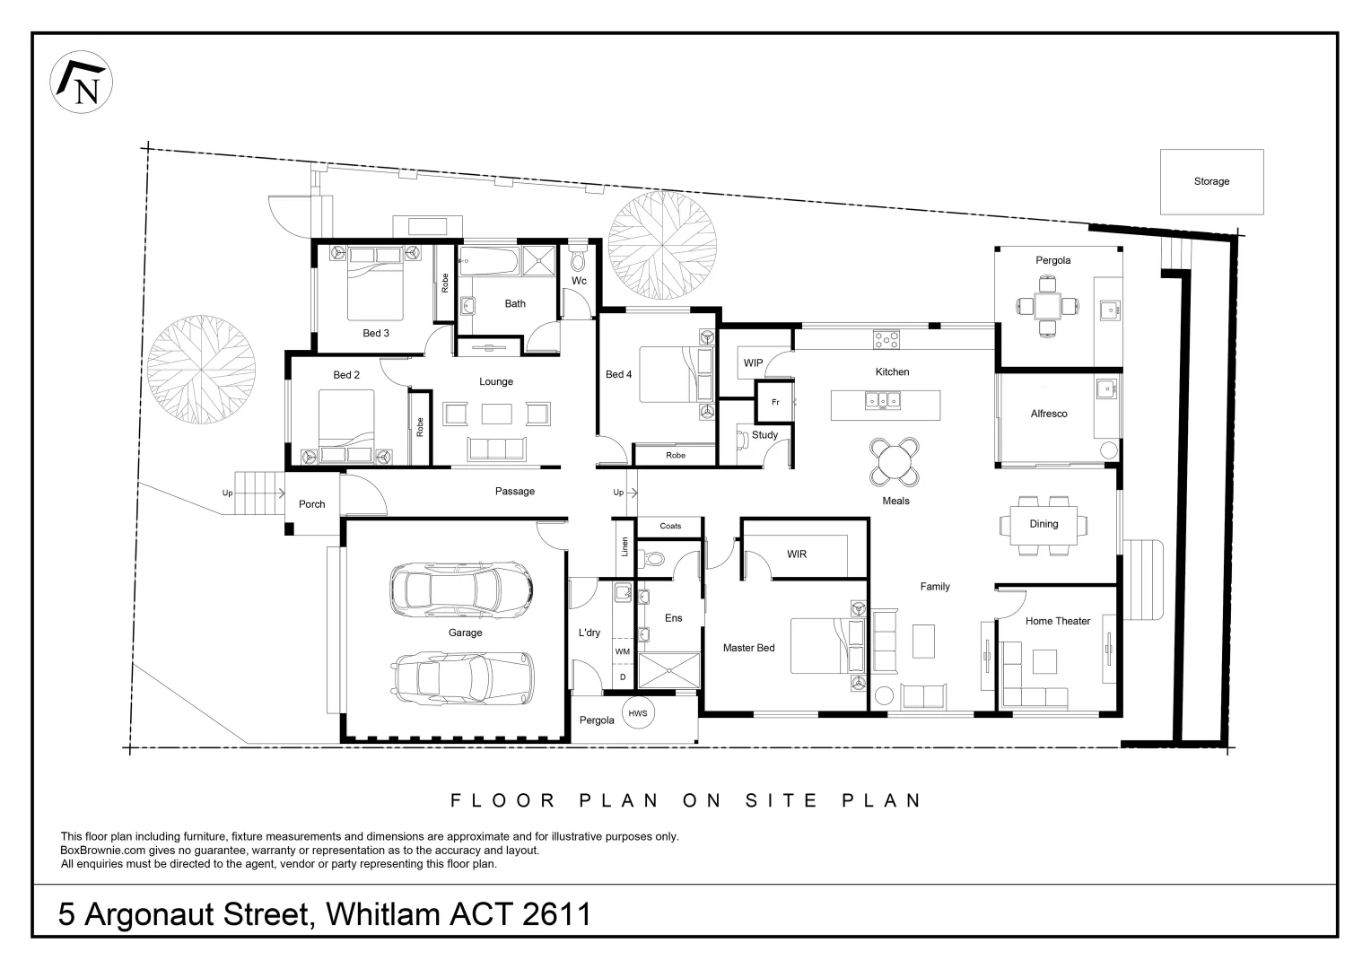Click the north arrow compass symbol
[82, 83]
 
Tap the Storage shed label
[1210, 181]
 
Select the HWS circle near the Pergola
[638, 713]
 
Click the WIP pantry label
[753, 363]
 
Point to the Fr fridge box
[775, 403]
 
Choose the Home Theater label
[1057, 621]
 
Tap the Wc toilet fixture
[579, 259]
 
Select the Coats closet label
[669, 527]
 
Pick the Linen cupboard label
[624, 546]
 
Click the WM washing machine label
[622, 651]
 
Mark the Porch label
[311, 504]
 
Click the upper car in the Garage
[462, 589]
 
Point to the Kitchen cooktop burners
[886, 340]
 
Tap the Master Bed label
[748, 648]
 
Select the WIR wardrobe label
[796, 554]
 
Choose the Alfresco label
[1048, 414]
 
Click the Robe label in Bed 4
[675, 456]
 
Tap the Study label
[764, 435]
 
